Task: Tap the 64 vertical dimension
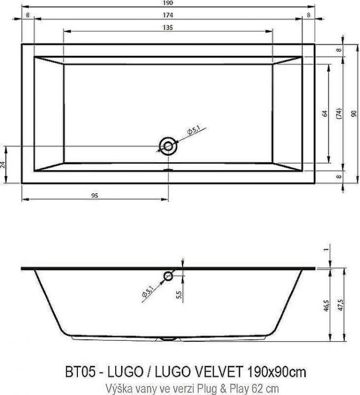(x=325, y=113)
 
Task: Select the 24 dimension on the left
(x=4, y=164)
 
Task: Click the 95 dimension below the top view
(x=95, y=195)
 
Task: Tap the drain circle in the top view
(x=168, y=146)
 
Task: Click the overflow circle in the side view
(x=168, y=275)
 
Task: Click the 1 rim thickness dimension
(x=326, y=250)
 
